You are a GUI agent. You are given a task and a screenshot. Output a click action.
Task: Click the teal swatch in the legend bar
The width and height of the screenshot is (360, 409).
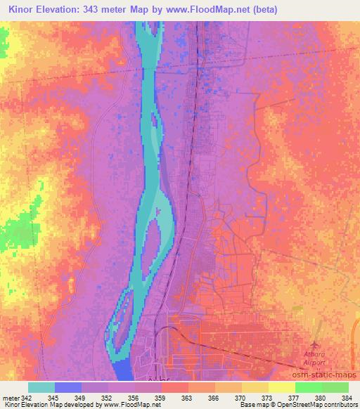tap(41, 387)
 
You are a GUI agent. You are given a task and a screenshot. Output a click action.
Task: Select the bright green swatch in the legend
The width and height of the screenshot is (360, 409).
tap(309, 387)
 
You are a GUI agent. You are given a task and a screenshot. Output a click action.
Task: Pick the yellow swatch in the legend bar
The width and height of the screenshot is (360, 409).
tap(282, 387)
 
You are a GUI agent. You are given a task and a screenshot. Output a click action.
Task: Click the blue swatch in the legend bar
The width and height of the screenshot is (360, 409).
tap(68, 387)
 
